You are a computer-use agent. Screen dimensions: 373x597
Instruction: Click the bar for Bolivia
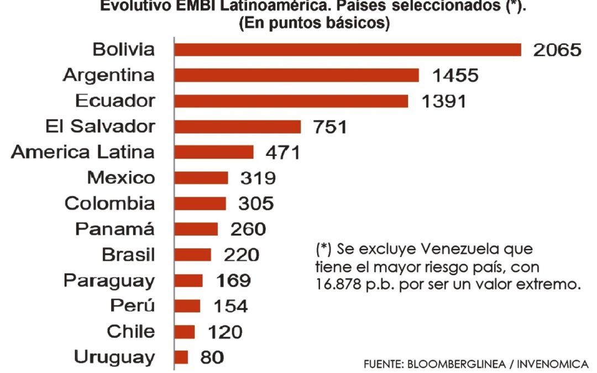pyautogui.click(x=348, y=50)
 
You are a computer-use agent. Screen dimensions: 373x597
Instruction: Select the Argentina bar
pyautogui.click(x=296, y=75)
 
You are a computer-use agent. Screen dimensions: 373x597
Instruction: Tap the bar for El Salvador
pyautogui.click(x=238, y=127)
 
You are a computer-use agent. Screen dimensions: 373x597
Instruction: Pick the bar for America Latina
pyautogui.click(x=214, y=152)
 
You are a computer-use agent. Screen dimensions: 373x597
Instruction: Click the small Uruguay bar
pyautogui.click(x=181, y=357)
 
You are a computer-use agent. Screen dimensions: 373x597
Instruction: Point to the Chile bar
pyautogui.click(x=185, y=332)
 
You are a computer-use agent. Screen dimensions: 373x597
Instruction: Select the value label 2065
pyautogui.click(x=557, y=50)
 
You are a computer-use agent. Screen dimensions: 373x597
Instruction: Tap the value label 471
pyautogui.click(x=281, y=153)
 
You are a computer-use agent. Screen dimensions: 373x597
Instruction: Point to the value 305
pyautogui.click(x=256, y=203)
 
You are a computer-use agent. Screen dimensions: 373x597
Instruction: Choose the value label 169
pyautogui.click(x=233, y=280)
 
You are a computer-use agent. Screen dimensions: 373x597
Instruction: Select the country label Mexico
pyautogui.click(x=121, y=178)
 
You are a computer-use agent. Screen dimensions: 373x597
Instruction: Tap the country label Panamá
pyautogui.click(x=115, y=229)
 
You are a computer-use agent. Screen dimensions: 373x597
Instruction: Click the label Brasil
pyautogui.click(x=128, y=255)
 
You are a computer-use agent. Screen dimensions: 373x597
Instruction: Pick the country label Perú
pyautogui.click(x=133, y=306)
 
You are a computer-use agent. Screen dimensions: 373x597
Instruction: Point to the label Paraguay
pyautogui.click(x=109, y=281)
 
